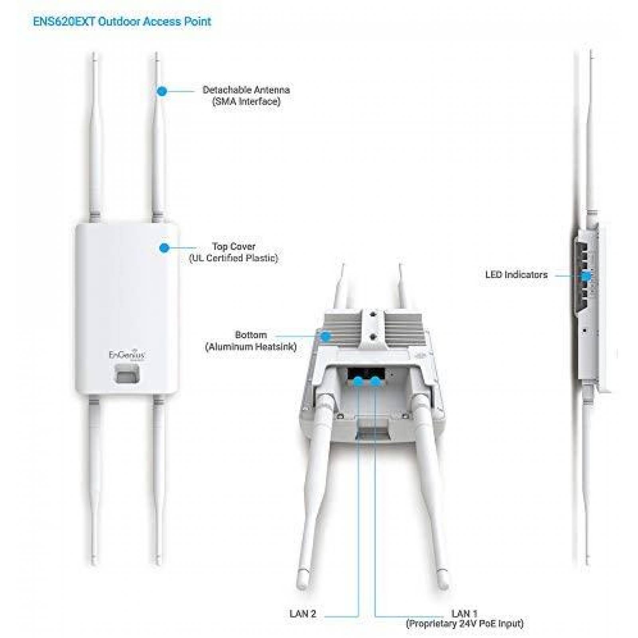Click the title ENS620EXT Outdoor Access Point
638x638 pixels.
[x=122, y=21]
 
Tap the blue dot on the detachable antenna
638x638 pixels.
[x=161, y=91]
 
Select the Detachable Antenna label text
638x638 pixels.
[x=246, y=90]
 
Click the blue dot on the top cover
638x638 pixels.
[x=164, y=248]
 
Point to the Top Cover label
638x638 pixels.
[x=233, y=246]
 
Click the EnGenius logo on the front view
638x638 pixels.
[x=127, y=355]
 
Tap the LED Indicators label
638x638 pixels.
[x=516, y=275]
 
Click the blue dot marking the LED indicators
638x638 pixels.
[x=586, y=276]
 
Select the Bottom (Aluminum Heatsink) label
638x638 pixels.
[x=251, y=341]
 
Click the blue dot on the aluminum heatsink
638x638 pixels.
[x=326, y=337]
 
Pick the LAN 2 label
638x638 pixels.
[x=303, y=614]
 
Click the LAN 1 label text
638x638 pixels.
[x=464, y=614]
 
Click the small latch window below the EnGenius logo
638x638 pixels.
[x=126, y=374]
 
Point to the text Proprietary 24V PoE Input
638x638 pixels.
[x=465, y=624]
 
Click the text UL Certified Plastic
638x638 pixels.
[x=234, y=258]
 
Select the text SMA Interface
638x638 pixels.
[x=246, y=101]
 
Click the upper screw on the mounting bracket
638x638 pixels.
[x=373, y=315]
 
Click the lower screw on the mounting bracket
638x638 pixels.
[x=373, y=337]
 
